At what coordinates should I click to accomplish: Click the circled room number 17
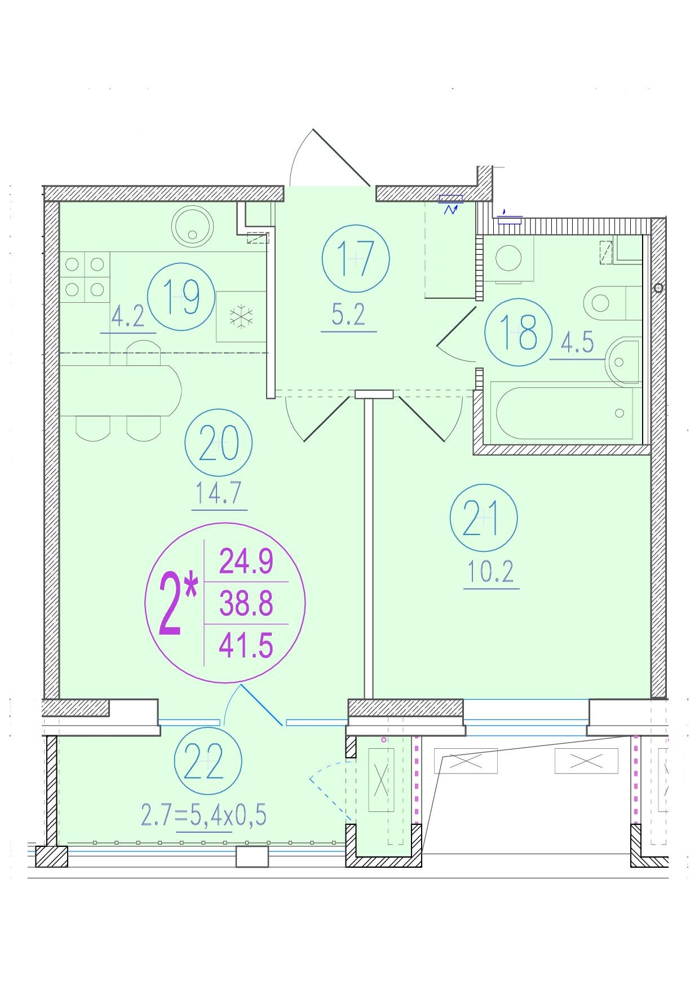(356, 258)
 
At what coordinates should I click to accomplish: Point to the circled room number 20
(219, 444)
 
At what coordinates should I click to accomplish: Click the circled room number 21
(484, 518)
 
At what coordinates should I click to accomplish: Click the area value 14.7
(219, 494)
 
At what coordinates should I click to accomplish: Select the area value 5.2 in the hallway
(348, 315)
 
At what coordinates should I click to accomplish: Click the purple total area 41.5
(246, 646)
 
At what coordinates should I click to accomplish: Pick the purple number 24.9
(246, 562)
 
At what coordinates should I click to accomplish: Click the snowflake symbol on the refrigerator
(242, 317)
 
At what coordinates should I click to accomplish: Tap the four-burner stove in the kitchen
(85, 277)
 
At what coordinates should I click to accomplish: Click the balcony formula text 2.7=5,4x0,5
(203, 816)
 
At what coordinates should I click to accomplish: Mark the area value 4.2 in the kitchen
(128, 318)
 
